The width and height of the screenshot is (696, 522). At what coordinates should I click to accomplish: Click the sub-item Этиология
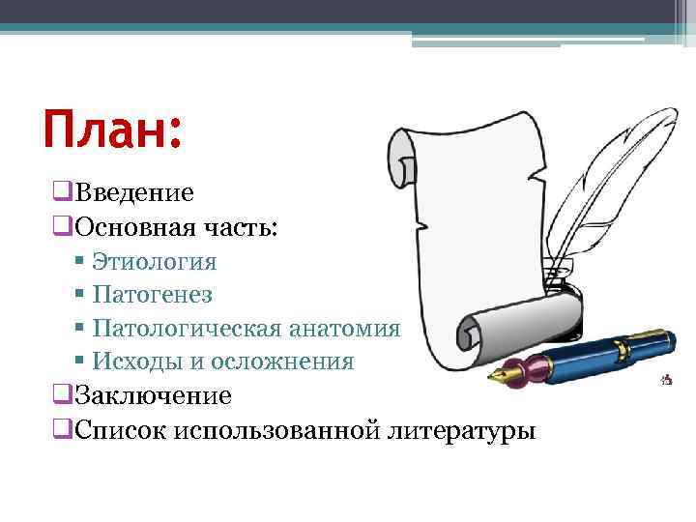coord(155,262)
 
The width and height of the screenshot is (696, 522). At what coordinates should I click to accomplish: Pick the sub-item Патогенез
coord(153,294)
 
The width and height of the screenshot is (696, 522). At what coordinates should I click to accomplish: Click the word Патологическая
coord(189,328)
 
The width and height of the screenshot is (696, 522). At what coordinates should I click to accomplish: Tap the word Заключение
coord(153,395)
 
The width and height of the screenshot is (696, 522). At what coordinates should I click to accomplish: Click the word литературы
coord(460,429)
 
